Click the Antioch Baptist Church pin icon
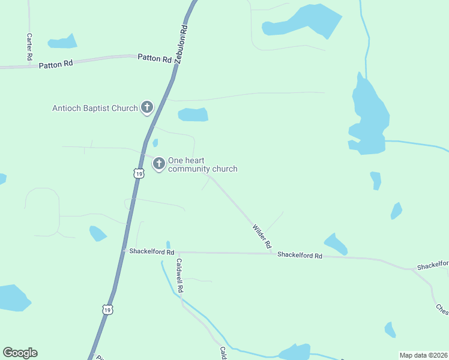pos(146,108)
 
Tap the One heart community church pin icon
pos(159,163)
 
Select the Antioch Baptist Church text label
pos(95,109)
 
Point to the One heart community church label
pos(202,164)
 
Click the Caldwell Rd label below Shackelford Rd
pos(179,275)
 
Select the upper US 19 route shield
pos(139,173)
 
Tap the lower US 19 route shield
pos(107,310)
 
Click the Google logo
pos(20,353)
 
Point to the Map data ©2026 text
pos(423,355)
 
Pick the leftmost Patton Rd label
pos(55,64)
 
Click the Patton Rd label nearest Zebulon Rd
pos(154,58)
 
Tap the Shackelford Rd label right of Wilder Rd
pos(300,255)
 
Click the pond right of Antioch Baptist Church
pos(193,114)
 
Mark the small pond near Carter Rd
pos(62,42)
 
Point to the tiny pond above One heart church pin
pos(155,143)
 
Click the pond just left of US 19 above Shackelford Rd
pos(98,233)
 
